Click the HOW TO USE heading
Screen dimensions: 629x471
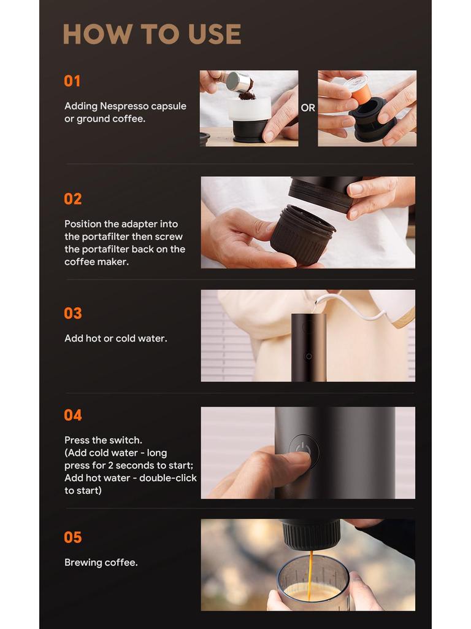[x=151, y=34]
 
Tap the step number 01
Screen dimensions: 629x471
[x=72, y=81]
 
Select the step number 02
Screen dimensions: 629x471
[x=73, y=199]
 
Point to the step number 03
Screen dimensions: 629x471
[x=73, y=313]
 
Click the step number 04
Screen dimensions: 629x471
[x=73, y=415]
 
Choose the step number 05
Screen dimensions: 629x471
[x=73, y=537]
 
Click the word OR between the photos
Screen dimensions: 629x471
[x=308, y=108]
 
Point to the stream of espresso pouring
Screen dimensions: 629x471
[x=310, y=571]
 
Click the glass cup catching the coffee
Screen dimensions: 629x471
[x=313, y=590]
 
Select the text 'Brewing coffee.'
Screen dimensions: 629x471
[x=101, y=563]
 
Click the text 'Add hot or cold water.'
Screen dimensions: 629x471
[x=115, y=338]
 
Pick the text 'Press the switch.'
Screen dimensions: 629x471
[x=103, y=440]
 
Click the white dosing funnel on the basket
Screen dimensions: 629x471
[x=249, y=109]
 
